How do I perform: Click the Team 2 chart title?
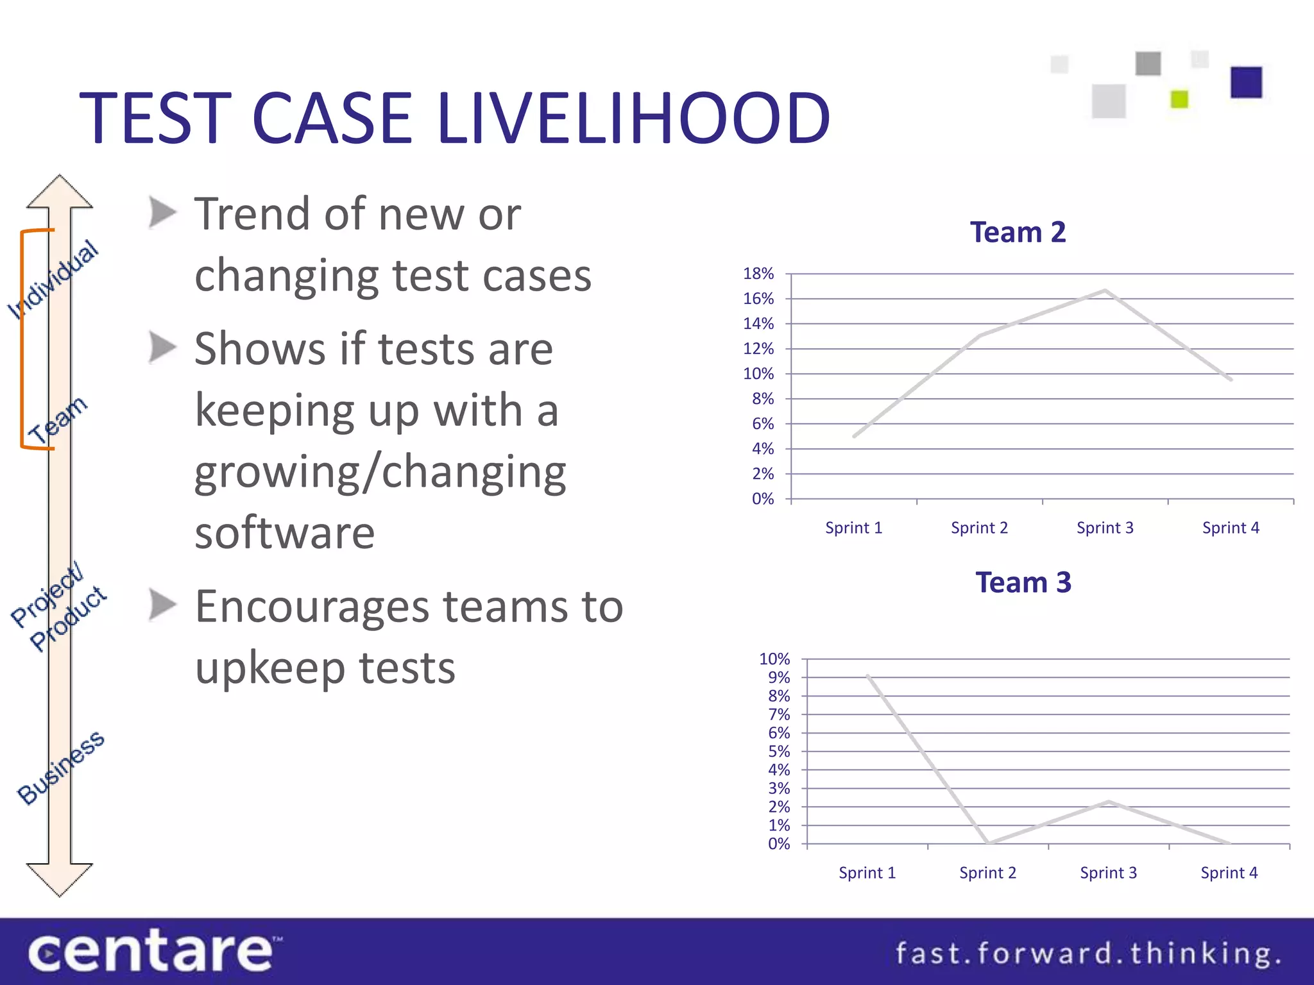pyautogui.click(x=1018, y=232)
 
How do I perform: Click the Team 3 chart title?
pyautogui.click(x=1023, y=582)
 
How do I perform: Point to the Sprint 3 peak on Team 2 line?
pyautogui.click(x=1105, y=290)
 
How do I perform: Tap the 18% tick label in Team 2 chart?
pyautogui.click(x=758, y=274)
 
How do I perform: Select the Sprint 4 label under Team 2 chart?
pyautogui.click(x=1231, y=528)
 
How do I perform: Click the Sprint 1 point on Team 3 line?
pyautogui.click(x=867, y=675)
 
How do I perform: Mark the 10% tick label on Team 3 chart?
pyautogui.click(x=774, y=659)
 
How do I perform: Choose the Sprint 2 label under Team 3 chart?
pyautogui.click(x=987, y=873)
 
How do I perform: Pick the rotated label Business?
pyautogui.click(x=61, y=767)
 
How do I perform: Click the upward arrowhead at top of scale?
pyautogui.click(x=60, y=191)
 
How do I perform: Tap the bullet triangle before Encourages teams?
pyautogui.click(x=162, y=605)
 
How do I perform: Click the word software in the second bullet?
pyautogui.click(x=285, y=533)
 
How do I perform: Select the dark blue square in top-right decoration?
pyautogui.click(x=1246, y=82)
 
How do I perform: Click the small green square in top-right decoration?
pyautogui.click(x=1179, y=99)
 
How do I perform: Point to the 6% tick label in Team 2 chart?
pyautogui.click(x=763, y=424)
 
